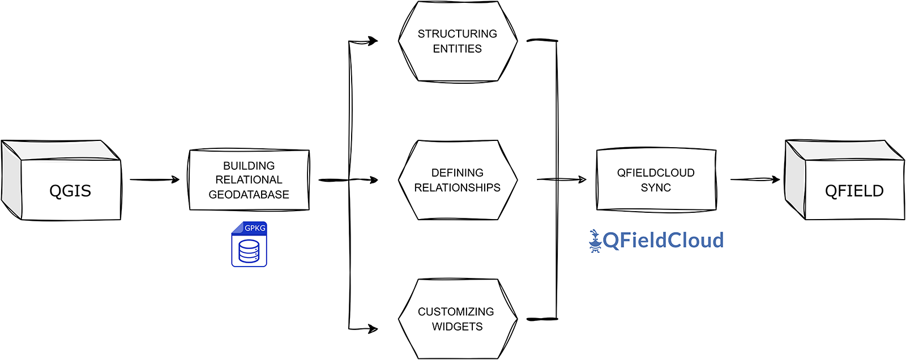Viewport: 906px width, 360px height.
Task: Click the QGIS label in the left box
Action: pos(70,191)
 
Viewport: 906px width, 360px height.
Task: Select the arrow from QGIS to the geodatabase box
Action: pos(154,179)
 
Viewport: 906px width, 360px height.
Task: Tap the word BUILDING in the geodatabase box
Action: pos(249,166)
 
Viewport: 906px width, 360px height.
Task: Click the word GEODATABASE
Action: pos(249,195)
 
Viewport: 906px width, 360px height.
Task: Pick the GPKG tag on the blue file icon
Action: pos(254,228)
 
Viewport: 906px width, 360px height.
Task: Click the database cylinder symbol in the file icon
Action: pos(249,251)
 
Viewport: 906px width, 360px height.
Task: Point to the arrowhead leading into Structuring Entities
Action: pos(373,41)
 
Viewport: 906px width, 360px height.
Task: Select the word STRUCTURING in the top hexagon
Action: pos(457,34)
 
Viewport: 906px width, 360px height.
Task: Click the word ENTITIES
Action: pos(457,49)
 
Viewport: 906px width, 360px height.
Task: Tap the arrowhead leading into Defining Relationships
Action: pos(373,180)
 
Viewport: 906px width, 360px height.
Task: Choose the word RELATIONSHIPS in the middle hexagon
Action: pos(457,188)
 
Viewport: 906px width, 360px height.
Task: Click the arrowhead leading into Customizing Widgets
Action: pos(373,328)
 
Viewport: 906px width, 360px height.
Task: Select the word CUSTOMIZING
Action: pos(455,312)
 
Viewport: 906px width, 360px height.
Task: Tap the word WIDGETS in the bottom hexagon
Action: pos(457,327)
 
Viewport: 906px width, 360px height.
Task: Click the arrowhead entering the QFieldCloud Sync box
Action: pos(582,179)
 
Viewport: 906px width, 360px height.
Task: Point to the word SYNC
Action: pos(656,188)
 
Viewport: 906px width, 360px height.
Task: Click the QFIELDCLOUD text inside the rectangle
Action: pos(656,173)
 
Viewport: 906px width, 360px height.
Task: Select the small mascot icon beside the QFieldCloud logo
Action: pos(595,241)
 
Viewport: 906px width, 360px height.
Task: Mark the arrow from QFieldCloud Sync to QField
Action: pos(754,179)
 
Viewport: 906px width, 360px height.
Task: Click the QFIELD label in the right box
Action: pos(854,191)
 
